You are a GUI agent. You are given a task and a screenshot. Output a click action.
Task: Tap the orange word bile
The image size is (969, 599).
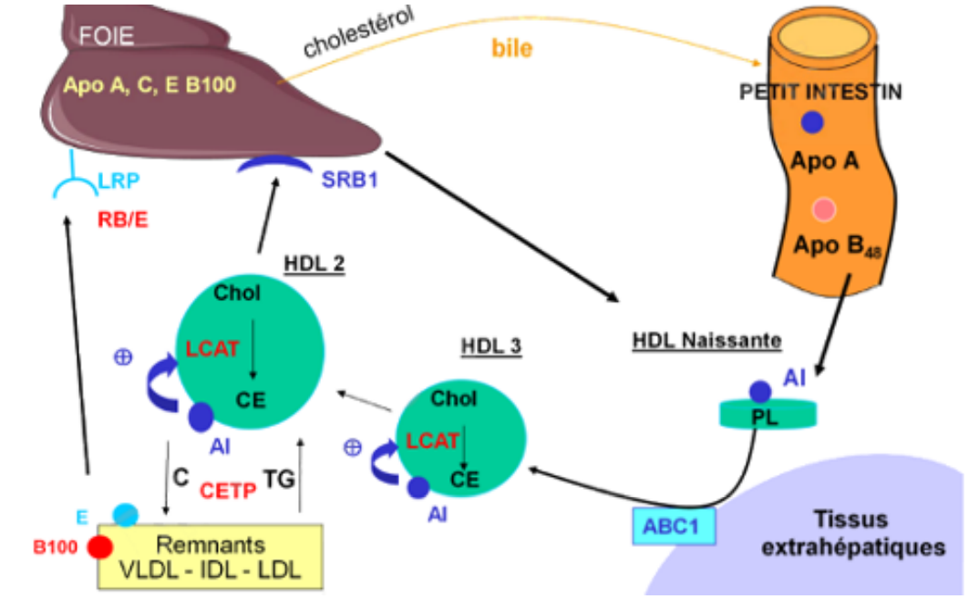[x=512, y=49]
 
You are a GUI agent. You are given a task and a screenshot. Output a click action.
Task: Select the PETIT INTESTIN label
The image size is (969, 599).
[x=821, y=93]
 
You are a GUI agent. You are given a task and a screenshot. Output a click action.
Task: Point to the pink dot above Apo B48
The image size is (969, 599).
[x=824, y=210]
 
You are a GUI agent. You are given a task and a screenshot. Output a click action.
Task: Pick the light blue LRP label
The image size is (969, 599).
[x=119, y=181]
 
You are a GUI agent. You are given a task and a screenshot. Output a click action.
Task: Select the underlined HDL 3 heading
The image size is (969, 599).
[x=490, y=347]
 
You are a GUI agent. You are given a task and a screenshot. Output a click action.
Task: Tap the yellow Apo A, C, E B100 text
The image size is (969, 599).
[x=150, y=87]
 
